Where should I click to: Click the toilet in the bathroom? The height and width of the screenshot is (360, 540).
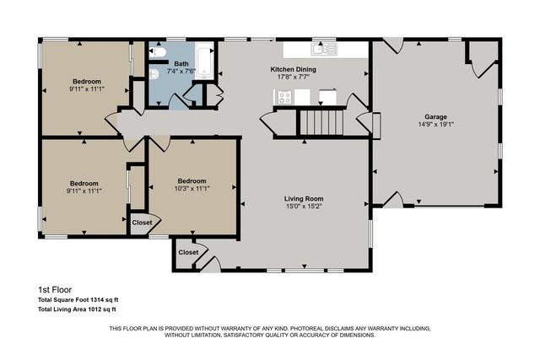pos(158,52)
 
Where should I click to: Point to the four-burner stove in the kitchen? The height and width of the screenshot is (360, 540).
pos(284,97)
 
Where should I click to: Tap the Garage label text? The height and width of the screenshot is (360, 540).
pos(435,116)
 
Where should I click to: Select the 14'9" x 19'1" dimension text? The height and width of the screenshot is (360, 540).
pos(435,125)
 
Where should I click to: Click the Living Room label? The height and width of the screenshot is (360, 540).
pos(304,197)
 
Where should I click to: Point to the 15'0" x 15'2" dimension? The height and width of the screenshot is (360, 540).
pos(304,206)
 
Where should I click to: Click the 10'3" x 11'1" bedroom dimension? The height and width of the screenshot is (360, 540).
pos(192,189)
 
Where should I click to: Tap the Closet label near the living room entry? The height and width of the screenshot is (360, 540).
pos(188,252)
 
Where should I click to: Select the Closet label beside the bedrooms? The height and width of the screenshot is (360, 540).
pos(142,223)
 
